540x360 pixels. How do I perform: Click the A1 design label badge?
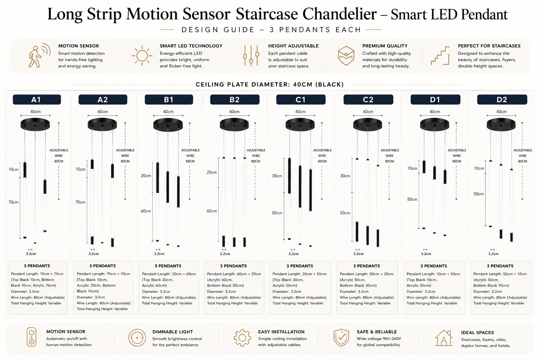coord(37,99)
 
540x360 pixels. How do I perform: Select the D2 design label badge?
coord(502,99)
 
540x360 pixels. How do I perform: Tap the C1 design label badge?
coord(301,99)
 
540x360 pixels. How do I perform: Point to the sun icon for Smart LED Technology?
coord(142,56)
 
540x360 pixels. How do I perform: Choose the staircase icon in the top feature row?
coord(441,56)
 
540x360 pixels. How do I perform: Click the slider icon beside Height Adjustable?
coord(251,56)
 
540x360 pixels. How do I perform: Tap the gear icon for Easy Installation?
coord(242,338)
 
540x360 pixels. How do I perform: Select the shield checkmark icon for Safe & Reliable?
coord(341,337)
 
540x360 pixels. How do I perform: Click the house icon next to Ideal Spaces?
coord(444,338)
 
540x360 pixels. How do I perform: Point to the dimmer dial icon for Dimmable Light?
coord(137,338)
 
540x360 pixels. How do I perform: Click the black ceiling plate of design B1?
coord(168,124)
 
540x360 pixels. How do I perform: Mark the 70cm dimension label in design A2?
coord(80,202)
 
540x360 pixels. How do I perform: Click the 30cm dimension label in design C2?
coord(345,176)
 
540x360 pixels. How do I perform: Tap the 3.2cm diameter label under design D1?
coord(426,254)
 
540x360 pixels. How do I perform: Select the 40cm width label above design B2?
coord(234,112)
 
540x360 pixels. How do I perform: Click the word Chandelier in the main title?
coord(340,14)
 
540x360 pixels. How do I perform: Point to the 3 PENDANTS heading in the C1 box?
coord(300,266)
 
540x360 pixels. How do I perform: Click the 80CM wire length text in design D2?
coord(522,161)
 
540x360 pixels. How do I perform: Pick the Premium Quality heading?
coord(385,46)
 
